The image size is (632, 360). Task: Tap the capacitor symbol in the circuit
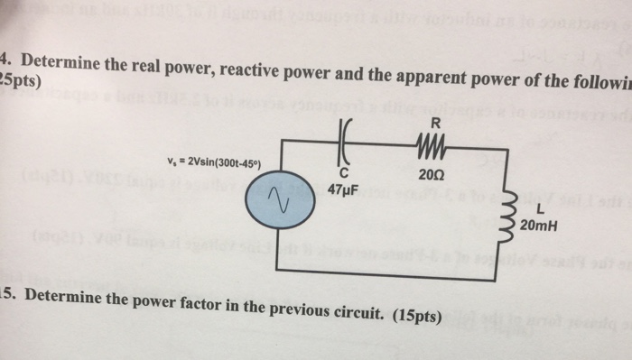(x=344, y=141)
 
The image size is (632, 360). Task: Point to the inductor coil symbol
(x=515, y=210)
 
